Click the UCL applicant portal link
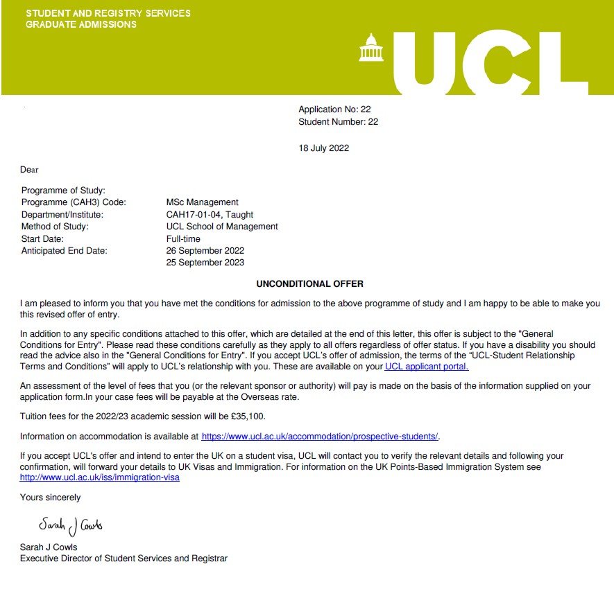tap(427, 367)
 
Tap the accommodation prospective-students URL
tap(320, 437)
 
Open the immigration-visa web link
tap(100, 477)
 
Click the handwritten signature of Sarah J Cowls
tap(70, 525)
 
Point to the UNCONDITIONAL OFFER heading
tap(309, 284)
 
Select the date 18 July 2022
tap(324, 148)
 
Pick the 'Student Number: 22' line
tap(338, 122)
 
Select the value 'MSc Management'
tap(203, 202)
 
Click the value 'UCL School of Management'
tap(222, 227)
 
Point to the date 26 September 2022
tap(205, 251)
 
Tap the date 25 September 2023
tap(205, 263)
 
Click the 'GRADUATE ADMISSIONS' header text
tap(81, 24)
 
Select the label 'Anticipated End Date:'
tap(65, 251)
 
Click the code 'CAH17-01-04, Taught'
tap(210, 215)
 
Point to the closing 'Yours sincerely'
tap(50, 498)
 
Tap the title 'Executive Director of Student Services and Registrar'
tap(123, 558)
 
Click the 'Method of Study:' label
tap(55, 227)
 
